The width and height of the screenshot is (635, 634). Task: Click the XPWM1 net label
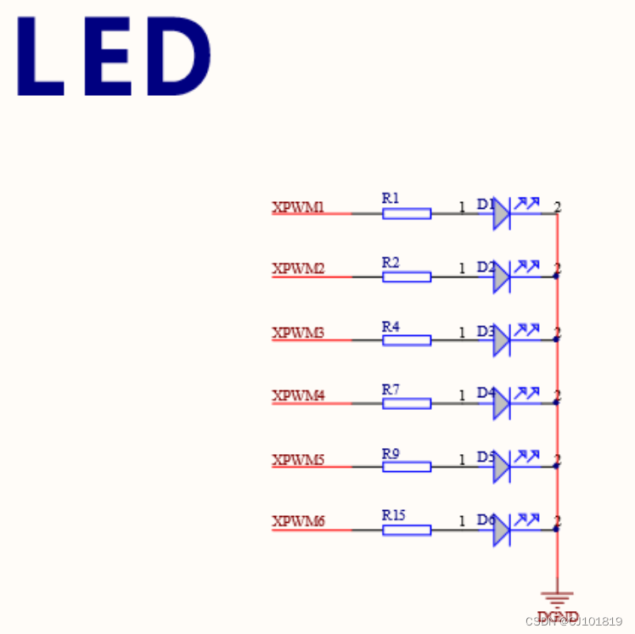pyautogui.click(x=298, y=206)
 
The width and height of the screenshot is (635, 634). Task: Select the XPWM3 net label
pyautogui.click(x=298, y=333)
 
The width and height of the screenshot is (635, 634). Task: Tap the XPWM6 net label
pyautogui.click(x=298, y=521)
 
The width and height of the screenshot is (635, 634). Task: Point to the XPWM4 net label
pyautogui.click(x=298, y=396)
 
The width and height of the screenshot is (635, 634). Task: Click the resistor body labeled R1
pyautogui.click(x=407, y=214)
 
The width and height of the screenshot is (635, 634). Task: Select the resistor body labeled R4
pyautogui.click(x=407, y=340)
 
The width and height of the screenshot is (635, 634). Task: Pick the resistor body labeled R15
pyautogui.click(x=407, y=530)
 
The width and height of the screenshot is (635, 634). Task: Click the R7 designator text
pyautogui.click(x=391, y=389)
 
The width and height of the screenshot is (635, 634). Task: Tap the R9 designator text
pyautogui.click(x=391, y=453)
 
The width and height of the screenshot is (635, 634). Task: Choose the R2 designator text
pyautogui.click(x=391, y=262)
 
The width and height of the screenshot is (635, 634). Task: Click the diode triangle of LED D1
pyautogui.click(x=501, y=214)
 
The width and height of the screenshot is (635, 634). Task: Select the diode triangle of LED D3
pyautogui.click(x=501, y=340)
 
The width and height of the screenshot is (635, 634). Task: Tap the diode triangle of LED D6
pyautogui.click(x=501, y=530)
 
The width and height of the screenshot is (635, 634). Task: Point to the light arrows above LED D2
pyautogui.click(x=527, y=266)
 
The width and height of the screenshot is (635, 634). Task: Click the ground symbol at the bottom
pyautogui.click(x=557, y=599)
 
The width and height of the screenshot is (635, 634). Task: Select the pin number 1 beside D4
pyautogui.click(x=462, y=396)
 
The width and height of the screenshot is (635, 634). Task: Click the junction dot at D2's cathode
pyautogui.click(x=557, y=277)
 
